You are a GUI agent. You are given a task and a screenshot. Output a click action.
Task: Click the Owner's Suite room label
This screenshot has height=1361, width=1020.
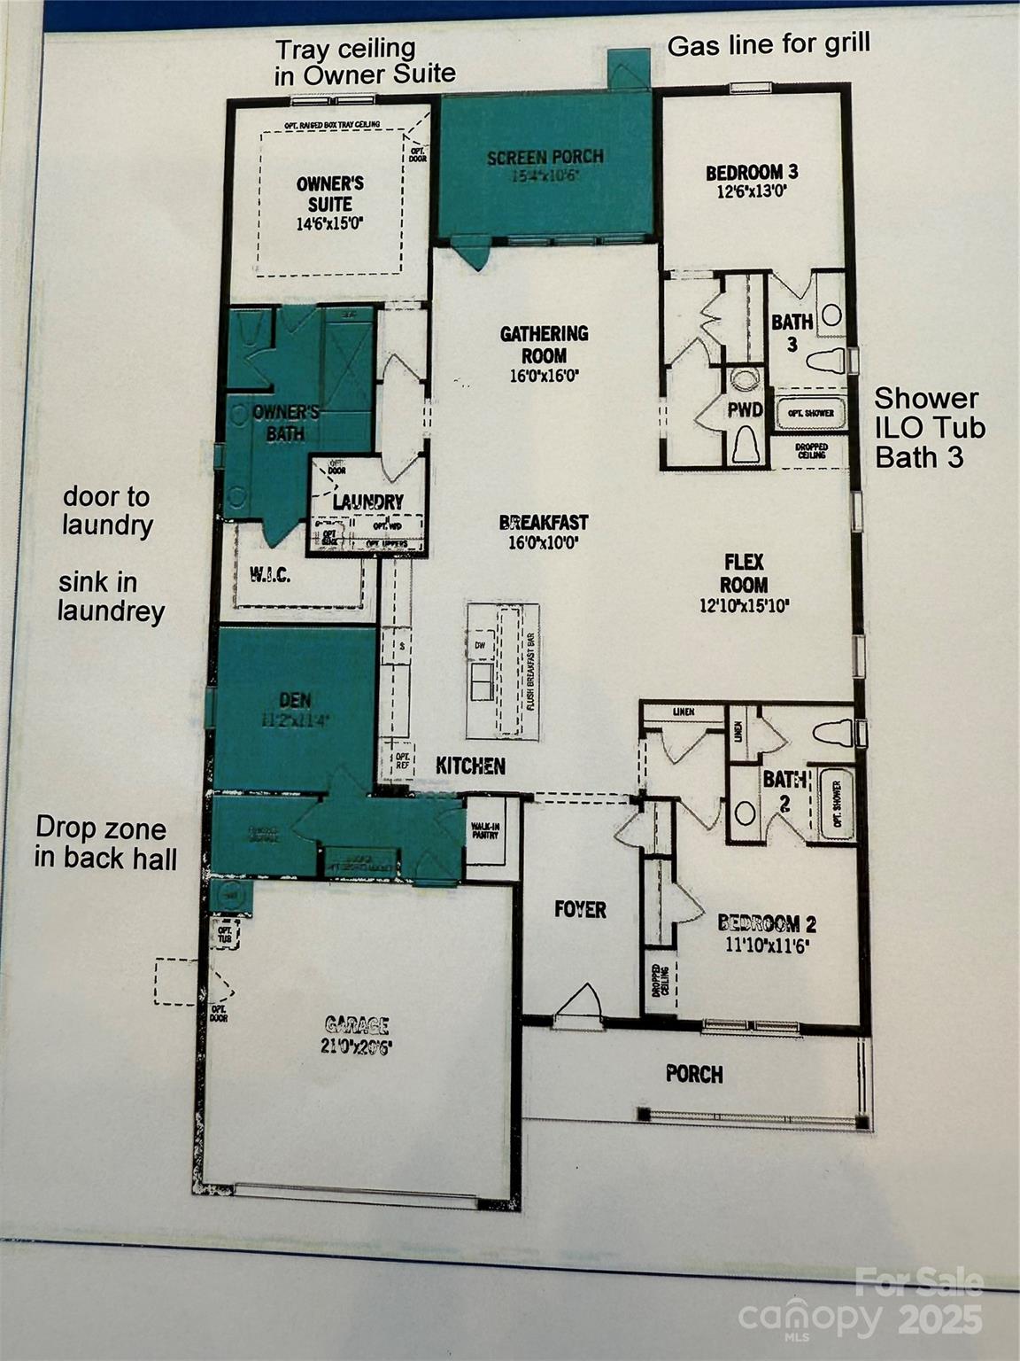tap(330, 194)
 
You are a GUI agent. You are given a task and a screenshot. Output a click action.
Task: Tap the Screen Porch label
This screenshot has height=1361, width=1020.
tap(545, 158)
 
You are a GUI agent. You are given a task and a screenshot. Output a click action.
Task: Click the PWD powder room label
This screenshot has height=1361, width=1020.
tap(746, 409)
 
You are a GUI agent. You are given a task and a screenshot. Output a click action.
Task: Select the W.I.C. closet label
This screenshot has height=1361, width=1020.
tap(265, 575)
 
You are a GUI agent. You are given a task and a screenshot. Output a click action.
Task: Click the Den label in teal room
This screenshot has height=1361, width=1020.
tap(295, 700)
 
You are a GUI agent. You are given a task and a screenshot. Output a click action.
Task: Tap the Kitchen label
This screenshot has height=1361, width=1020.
tap(470, 766)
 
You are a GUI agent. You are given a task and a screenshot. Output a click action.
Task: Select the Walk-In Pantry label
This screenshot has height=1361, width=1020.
tap(484, 829)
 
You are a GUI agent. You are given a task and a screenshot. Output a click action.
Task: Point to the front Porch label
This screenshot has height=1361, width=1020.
tap(694, 1075)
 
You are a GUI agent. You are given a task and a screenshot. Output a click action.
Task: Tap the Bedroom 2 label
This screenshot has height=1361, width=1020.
tap(767, 924)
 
